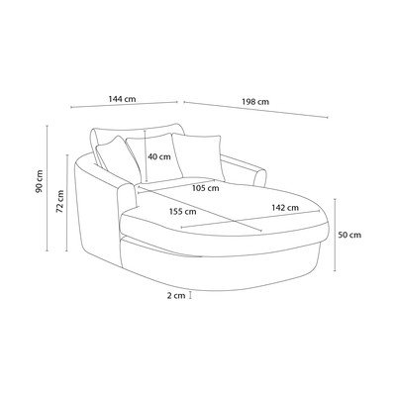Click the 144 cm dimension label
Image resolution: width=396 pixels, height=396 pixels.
[x=122, y=99]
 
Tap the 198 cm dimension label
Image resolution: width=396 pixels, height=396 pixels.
[x=255, y=102]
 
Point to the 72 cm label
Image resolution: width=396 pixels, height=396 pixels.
[x=59, y=201]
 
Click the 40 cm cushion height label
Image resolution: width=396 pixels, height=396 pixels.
[x=159, y=156]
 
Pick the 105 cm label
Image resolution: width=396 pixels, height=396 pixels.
[x=206, y=188]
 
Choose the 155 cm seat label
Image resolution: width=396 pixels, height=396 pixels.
[x=182, y=212]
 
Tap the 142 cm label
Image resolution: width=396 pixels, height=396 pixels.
[x=285, y=208]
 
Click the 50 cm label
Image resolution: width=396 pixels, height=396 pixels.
[x=349, y=235]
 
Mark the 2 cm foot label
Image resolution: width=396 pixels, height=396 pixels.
[x=176, y=296]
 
